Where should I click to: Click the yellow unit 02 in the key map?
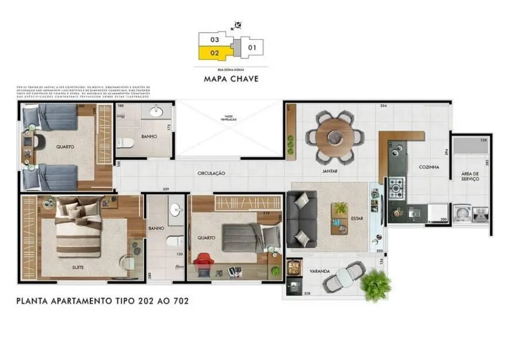point(215,53)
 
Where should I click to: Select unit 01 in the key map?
point(253,48)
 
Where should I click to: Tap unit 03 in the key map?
point(215,40)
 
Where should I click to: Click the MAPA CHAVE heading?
point(231,79)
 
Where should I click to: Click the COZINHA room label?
point(429,167)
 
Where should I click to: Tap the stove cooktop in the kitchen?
point(397,188)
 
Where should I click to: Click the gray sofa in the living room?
point(302,219)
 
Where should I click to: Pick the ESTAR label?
point(357,218)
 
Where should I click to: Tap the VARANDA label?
point(320,271)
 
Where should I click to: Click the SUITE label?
point(79,266)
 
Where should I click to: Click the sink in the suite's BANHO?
point(176,209)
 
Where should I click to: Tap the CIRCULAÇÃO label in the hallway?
point(211,173)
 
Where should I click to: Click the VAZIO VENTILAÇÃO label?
point(229,118)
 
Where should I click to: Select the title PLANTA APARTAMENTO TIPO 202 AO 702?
point(103,302)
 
